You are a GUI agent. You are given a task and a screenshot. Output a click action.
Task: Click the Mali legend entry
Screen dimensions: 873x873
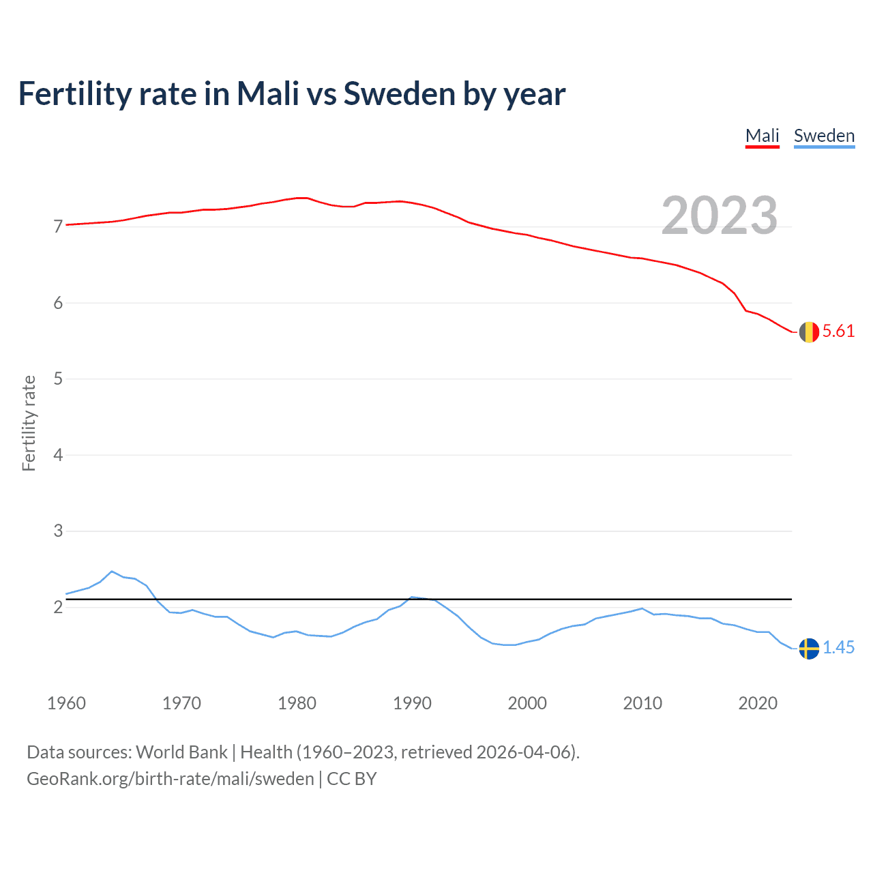click(x=762, y=136)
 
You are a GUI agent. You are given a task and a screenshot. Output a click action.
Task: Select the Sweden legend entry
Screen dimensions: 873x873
click(x=824, y=136)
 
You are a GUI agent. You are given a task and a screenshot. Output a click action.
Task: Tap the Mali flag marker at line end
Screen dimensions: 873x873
click(x=809, y=332)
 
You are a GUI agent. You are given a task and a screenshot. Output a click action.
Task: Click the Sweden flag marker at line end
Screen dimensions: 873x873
click(x=809, y=649)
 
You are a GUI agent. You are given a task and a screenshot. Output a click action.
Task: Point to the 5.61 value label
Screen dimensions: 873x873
click(x=838, y=331)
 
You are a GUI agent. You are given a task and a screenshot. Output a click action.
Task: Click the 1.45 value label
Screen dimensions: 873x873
click(x=838, y=648)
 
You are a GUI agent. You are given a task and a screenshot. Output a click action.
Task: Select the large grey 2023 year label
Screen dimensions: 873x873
click(x=720, y=216)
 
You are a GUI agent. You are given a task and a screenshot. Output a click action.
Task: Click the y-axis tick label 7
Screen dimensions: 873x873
click(x=58, y=226)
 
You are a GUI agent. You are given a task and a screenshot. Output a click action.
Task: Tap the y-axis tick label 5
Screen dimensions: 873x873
click(x=58, y=379)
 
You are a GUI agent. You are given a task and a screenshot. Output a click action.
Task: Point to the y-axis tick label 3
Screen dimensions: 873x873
click(x=58, y=531)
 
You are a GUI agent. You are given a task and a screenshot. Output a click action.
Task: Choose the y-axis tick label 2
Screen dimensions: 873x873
click(x=58, y=607)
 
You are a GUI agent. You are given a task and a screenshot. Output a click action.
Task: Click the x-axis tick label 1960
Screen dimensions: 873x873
click(x=66, y=703)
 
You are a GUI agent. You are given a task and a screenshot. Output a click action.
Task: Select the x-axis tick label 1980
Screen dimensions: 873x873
click(x=297, y=703)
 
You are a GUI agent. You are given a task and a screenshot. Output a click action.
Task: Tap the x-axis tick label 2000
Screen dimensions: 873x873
click(x=527, y=703)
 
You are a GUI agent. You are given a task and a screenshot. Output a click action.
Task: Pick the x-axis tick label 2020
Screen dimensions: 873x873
click(x=758, y=703)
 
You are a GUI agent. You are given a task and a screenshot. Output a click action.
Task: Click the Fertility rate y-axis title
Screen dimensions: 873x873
click(x=29, y=423)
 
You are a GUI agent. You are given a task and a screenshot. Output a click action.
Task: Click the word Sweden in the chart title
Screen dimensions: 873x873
click(x=399, y=93)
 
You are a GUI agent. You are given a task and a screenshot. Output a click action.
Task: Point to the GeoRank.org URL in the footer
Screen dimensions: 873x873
click(x=171, y=779)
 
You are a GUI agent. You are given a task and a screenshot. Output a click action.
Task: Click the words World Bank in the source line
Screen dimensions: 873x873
click(x=181, y=752)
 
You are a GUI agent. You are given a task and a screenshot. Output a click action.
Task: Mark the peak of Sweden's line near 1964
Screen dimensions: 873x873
click(x=112, y=572)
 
